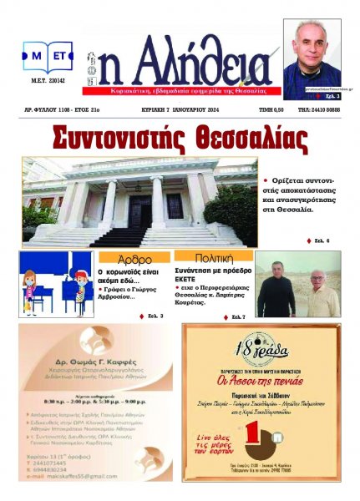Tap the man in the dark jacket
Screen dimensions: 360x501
276,289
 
